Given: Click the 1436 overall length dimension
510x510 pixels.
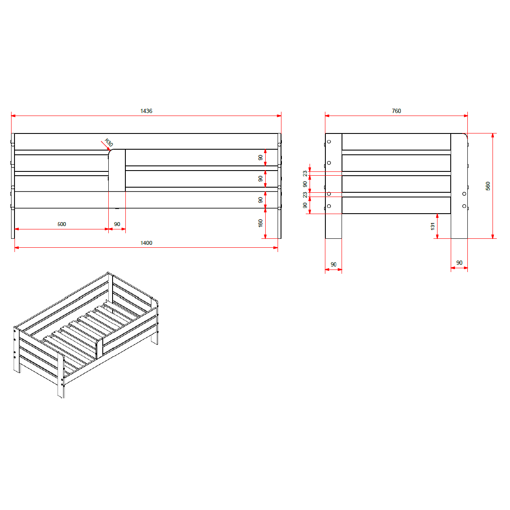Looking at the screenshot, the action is tap(146, 111).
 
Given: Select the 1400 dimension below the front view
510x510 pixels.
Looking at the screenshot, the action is tap(146, 243).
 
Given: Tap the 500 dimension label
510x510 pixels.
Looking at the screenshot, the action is tap(61, 224).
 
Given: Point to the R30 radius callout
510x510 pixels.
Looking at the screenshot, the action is tap(109, 142).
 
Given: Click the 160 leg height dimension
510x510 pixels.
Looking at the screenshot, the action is tap(260, 223).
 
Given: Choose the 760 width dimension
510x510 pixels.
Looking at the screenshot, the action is tap(396, 111).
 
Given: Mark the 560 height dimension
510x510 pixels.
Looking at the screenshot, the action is tap(487, 186).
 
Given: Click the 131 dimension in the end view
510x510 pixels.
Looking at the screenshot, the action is tap(432, 226).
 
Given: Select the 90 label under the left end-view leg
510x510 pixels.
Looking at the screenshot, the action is tap(333, 264).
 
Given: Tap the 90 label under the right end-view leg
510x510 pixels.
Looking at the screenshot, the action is tap(459, 263).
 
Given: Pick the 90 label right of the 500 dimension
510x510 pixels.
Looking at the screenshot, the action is tap(117, 224).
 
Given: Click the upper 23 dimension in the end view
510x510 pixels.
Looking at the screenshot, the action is tap(305, 174).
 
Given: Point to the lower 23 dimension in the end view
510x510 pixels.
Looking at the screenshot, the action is tap(305, 195).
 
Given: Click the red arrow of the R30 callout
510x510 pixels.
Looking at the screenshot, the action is tap(105, 145).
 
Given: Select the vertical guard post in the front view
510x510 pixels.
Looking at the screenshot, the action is tap(117, 171).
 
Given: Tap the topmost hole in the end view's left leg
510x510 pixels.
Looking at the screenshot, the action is tap(329, 142).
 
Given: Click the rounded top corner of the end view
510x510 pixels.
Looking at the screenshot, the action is tap(465, 135).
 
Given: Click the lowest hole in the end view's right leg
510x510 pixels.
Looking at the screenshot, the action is tap(464, 206).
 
